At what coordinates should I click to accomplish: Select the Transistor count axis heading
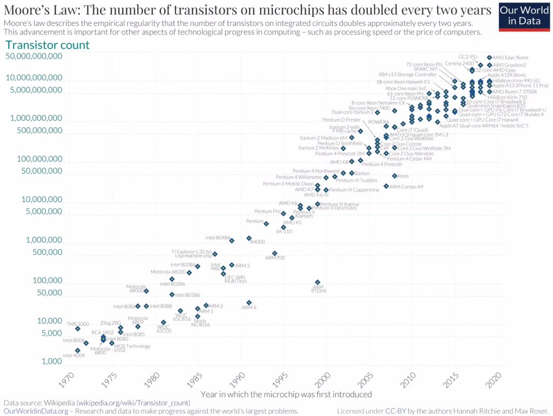pyautogui.click(x=47, y=45)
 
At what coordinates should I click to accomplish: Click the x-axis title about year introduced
pyautogui.click(x=286, y=394)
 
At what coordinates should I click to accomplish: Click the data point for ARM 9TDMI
pyautogui.click(x=318, y=282)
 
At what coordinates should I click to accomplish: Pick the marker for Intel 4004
pyautogui.click(x=78, y=351)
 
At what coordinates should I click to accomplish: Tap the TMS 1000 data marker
pyautogui.click(x=78, y=328)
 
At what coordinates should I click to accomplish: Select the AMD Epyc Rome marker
pyautogui.click(x=489, y=57)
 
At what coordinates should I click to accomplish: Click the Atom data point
pyautogui.click(x=395, y=176)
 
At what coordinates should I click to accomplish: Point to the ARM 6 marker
pyautogui.click(x=249, y=302)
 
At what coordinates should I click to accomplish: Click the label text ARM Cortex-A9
pyautogui.click(x=406, y=187)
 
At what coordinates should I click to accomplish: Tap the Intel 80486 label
pyautogui.click(x=218, y=237)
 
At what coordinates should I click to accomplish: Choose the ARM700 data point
pyautogui.click(x=275, y=253)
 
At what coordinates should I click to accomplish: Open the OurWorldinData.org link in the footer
pyautogui.click(x=36, y=411)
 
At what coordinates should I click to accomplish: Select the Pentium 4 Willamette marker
pyautogui.click(x=326, y=177)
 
